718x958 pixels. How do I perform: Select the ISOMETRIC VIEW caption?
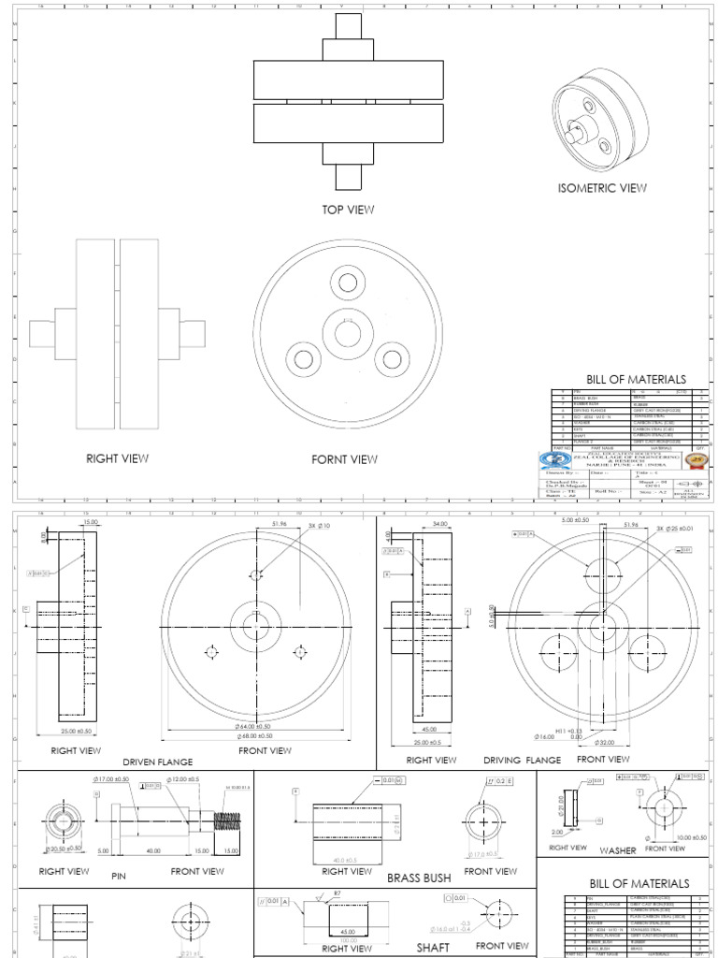click(x=602, y=188)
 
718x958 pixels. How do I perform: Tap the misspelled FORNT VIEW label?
click(x=345, y=459)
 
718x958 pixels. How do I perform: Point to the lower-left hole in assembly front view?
click(x=303, y=358)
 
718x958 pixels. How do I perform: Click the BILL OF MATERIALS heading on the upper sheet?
click(x=636, y=379)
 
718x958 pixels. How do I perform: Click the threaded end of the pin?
click(x=225, y=822)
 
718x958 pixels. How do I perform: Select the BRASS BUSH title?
click(x=419, y=878)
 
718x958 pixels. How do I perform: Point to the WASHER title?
click(x=617, y=850)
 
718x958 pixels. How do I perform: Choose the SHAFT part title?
click(x=433, y=947)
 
